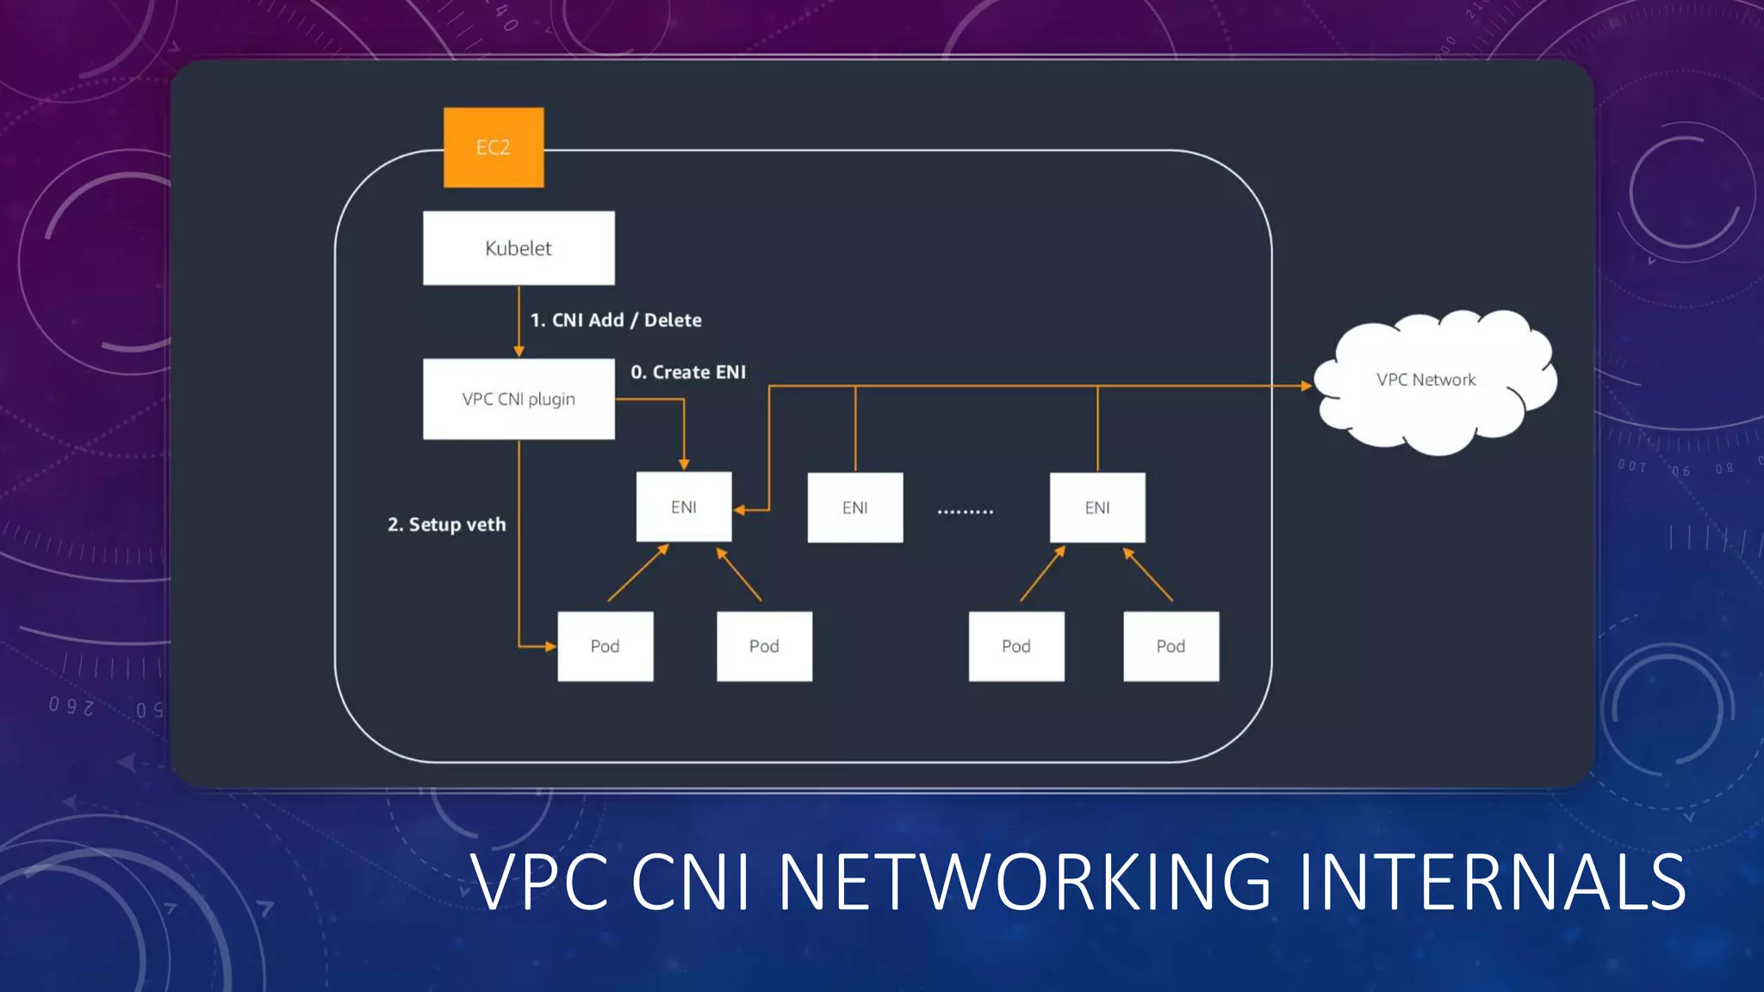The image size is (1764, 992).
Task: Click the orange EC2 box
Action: pyautogui.click(x=494, y=147)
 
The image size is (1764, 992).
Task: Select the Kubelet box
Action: pyautogui.click(x=519, y=248)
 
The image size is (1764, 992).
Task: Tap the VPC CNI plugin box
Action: pyautogui.click(x=519, y=399)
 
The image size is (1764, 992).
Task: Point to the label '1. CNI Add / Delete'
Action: pyautogui.click(x=616, y=320)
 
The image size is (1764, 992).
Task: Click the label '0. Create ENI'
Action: pyautogui.click(x=688, y=372)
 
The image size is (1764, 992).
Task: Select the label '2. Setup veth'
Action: pyautogui.click(x=446, y=524)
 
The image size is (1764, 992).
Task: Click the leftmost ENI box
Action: pyautogui.click(x=684, y=507)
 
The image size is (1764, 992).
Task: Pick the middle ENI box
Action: pyautogui.click(x=855, y=507)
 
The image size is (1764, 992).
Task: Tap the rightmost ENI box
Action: pyautogui.click(x=1097, y=507)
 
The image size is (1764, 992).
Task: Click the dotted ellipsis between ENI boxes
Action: pyautogui.click(x=965, y=512)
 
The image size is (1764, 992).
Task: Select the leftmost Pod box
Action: pyautogui.click(x=605, y=646)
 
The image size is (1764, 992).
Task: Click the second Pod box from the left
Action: pyautogui.click(x=764, y=646)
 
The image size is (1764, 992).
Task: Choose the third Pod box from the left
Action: pyautogui.click(x=1016, y=646)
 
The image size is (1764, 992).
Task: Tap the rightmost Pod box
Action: pyautogui.click(x=1171, y=646)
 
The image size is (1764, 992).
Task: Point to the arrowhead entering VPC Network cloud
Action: pyautogui.click(x=1306, y=386)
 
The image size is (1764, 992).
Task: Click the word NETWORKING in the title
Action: pyautogui.click(x=1025, y=882)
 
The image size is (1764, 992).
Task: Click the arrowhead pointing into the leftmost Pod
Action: pyautogui.click(x=550, y=646)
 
